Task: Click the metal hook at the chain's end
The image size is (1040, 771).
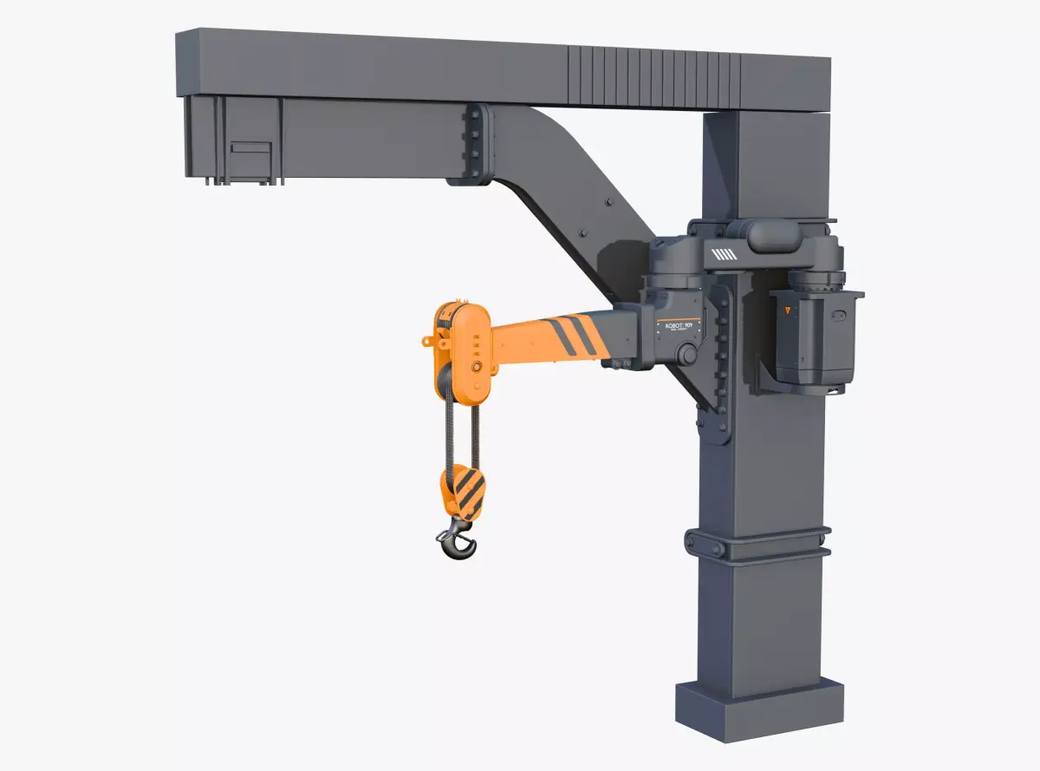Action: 458,541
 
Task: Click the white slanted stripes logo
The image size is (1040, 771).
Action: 723,254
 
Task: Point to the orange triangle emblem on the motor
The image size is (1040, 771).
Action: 787,310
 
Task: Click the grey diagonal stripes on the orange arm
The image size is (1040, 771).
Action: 572,335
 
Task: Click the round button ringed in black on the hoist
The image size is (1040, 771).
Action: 477,368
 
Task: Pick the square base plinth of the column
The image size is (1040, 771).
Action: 759,709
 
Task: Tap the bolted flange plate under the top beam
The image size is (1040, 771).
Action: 474,144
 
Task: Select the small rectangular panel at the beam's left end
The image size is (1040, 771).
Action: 250,158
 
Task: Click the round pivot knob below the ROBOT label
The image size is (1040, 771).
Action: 687,354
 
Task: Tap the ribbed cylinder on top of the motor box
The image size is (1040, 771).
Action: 815,281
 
